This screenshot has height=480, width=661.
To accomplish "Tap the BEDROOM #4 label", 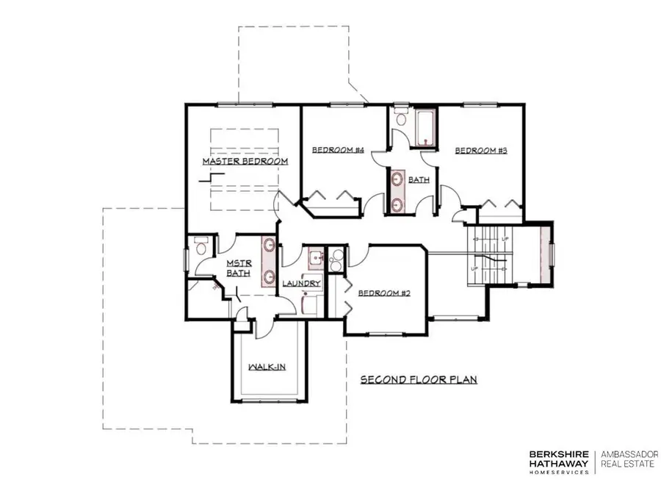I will click(x=339, y=150).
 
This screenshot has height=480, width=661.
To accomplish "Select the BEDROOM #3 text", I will click(x=482, y=151).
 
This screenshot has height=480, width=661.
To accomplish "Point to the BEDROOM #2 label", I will click(x=383, y=293).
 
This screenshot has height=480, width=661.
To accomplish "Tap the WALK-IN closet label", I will click(x=266, y=366).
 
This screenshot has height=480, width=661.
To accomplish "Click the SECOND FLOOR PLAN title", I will click(x=419, y=380).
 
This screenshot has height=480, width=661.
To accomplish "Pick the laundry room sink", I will click(x=316, y=258).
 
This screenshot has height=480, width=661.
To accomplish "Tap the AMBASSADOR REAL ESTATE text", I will click(x=630, y=459).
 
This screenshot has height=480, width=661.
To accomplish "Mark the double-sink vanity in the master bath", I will click(x=269, y=261).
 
